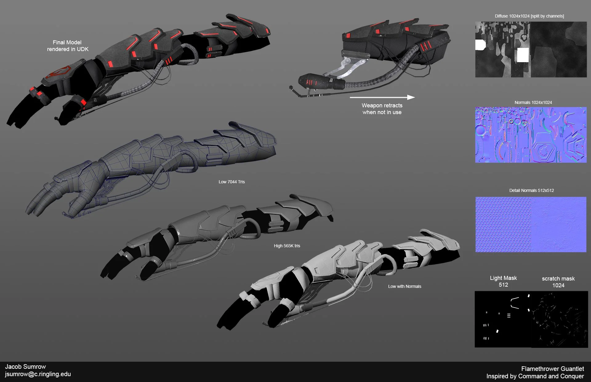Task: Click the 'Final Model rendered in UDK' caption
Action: click(67, 46)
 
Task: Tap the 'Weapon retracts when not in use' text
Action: click(382, 109)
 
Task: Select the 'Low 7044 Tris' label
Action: click(231, 182)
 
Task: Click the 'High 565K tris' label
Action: click(287, 246)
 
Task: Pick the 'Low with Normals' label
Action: click(404, 286)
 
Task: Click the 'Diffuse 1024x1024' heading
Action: click(529, 16)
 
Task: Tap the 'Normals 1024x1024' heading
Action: click(533, 102)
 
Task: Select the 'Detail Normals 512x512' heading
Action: click(531, 190)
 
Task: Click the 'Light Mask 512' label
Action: click(503, 281)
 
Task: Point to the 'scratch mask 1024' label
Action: click(558, 282)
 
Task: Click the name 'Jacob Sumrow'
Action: click(26, 367)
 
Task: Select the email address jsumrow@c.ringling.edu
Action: click(38, 374)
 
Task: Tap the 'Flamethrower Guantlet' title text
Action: click(553, 368)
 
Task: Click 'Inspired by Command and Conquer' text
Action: click(535, 376)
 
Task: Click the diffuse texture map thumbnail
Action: click(531, 49)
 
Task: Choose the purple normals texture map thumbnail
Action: click(531, 135)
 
